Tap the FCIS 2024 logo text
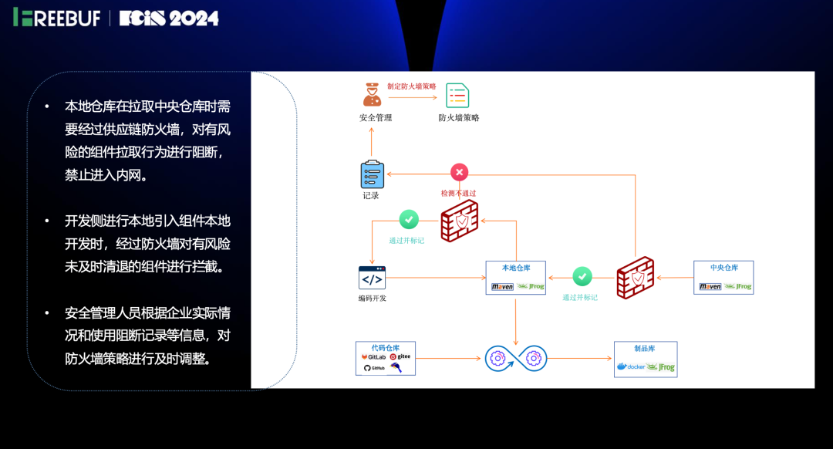point(169,18)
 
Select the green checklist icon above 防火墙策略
point(457,95)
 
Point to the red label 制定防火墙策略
point(412,86)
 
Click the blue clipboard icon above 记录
point(372,174)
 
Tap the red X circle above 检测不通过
point(459,172)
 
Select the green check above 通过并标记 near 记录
point(409,220)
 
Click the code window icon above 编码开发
point(372,278)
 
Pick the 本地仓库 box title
point(515,268)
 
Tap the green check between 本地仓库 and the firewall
point(582,276)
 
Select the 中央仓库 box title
point(723,268)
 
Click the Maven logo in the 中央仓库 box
point(710,286)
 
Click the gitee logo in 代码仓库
point(400,357)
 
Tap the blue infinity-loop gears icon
point(515,358)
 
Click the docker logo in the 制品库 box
point(631,366)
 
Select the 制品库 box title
point(645,348)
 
